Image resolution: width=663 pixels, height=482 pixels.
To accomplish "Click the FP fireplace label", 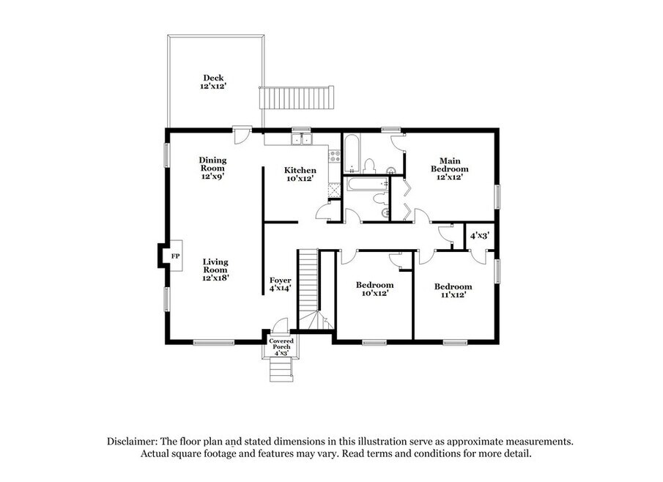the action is click(175, 256).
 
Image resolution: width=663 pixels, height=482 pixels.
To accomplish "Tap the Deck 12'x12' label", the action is click(213, 81).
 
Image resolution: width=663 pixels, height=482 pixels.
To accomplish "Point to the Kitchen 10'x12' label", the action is click(300, 174).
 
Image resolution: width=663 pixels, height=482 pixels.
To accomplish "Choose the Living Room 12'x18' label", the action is click(215, 270).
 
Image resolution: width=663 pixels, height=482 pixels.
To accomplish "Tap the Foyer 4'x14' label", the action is click(281, 284).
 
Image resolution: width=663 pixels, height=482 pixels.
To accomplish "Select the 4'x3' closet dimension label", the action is click(480, 235).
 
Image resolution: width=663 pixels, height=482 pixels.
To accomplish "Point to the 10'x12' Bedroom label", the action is click(374, 289).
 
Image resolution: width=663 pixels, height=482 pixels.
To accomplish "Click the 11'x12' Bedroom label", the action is click(453, 291).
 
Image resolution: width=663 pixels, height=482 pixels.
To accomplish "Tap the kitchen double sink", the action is click(301, 139).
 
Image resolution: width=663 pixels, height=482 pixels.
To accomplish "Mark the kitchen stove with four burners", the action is click(335, 157).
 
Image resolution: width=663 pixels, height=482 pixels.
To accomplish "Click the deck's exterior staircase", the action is click(297, 97).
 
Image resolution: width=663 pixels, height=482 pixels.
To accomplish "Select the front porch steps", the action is click(281, 369).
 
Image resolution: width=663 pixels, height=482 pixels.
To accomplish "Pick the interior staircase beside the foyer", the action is click(308, 289).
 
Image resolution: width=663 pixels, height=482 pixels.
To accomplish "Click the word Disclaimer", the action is click(132, 442).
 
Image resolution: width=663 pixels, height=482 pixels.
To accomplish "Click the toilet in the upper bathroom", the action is click(369, 166).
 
